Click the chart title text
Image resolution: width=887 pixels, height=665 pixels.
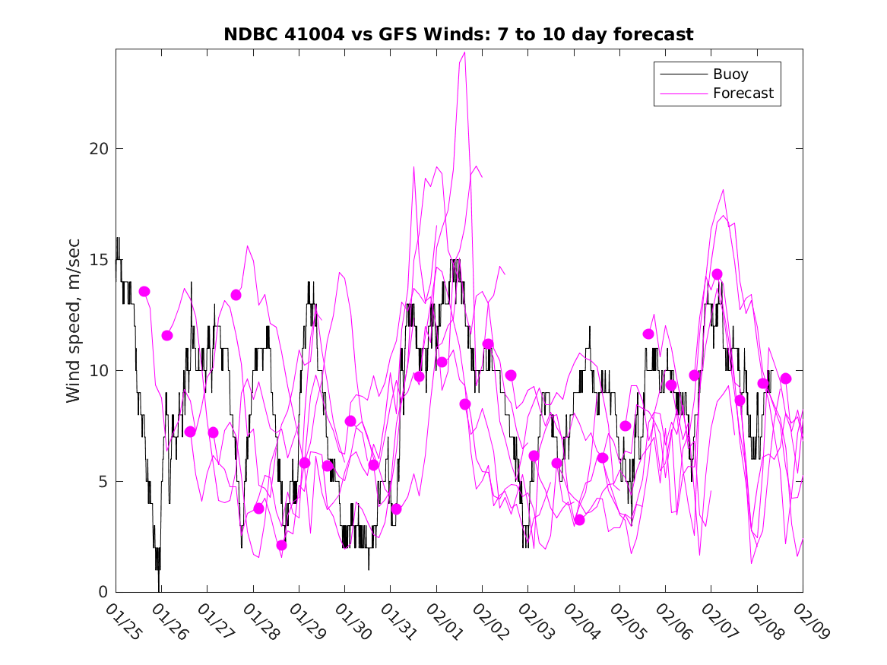click(458, 35)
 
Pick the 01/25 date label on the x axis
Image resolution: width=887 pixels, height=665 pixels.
click(122, 621)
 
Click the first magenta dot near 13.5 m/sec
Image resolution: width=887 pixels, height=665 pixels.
click(144, 292)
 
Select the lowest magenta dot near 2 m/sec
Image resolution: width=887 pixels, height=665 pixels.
click(282, 545)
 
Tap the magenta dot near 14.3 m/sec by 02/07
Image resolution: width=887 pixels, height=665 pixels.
click(717, 274)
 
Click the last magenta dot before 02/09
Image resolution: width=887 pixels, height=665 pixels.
click(786, 378)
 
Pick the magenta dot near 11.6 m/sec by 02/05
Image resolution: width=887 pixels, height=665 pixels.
click(648, 334)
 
